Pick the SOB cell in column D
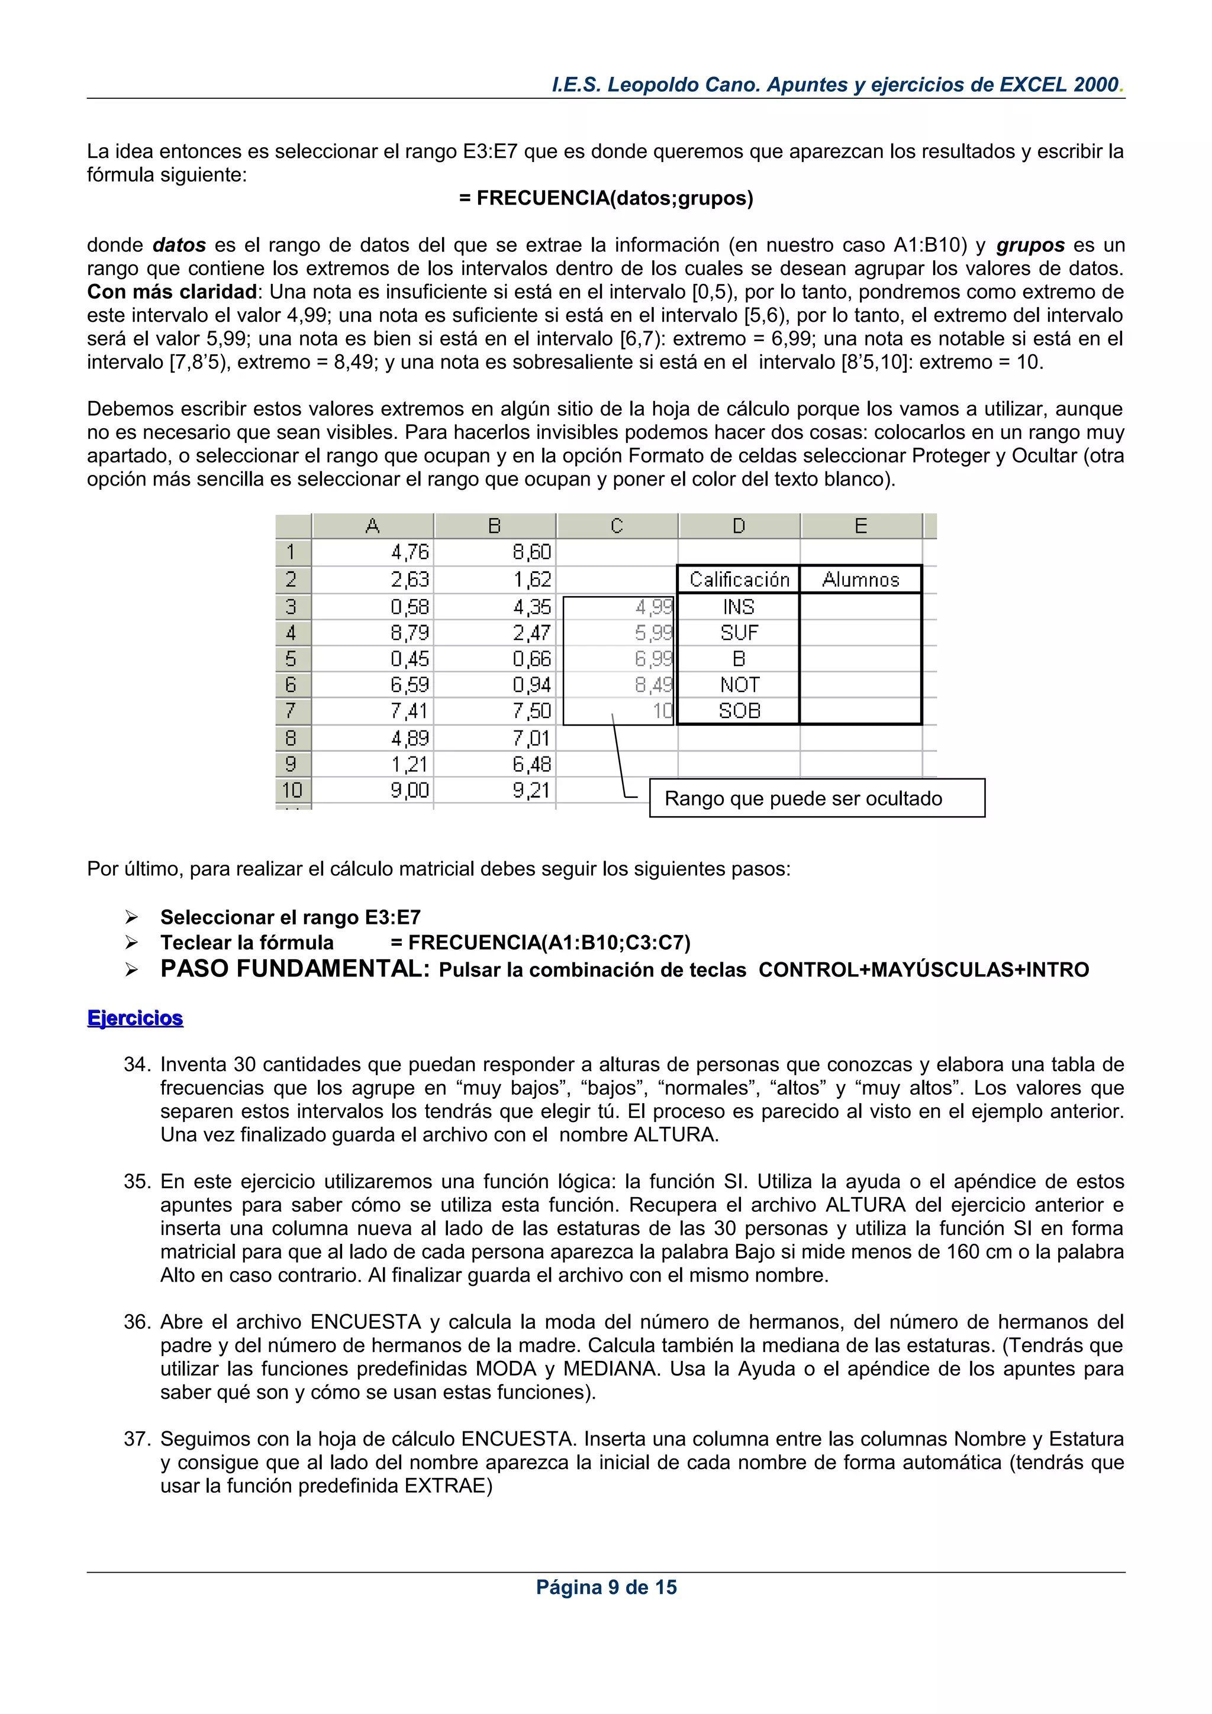click(x=739, y=711)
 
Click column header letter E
click(x=860, y=526)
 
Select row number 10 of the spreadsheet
click(x=292, y=790)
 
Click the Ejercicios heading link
click(x=135, y=1018)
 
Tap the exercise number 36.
click(x=137, y=1322)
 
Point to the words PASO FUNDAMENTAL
click(x=294, y=969)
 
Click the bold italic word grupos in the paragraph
click(x=1030, y=245)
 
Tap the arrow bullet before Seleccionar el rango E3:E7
click(x=132, y=917)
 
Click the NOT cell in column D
click(x=739, y=684)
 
